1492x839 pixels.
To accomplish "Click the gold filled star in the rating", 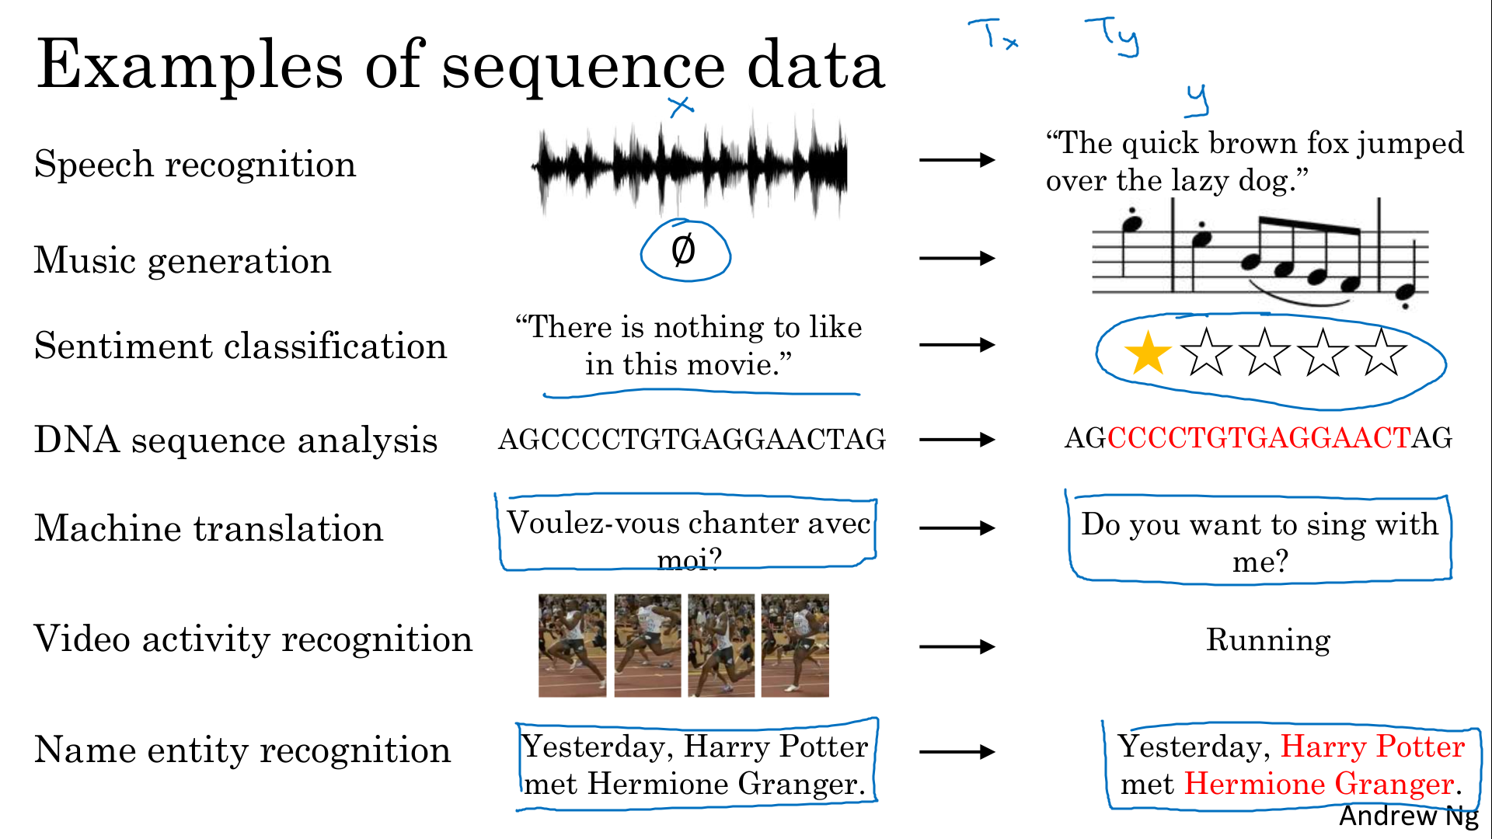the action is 1148,353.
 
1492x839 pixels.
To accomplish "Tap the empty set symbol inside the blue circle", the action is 683,250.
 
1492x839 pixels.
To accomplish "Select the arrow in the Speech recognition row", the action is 957,160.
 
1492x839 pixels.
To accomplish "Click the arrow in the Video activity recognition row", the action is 957,646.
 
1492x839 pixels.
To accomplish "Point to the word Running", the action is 1268,641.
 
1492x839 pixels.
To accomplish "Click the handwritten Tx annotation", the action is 993,35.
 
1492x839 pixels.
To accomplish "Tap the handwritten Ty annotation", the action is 1113,37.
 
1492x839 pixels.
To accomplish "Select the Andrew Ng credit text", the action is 1408,816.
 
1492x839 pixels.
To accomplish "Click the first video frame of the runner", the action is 572,646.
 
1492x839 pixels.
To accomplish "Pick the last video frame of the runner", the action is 795,646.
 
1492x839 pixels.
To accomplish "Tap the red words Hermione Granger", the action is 1319,784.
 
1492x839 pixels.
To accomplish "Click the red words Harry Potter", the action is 1372,747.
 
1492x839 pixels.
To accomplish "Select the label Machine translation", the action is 209,528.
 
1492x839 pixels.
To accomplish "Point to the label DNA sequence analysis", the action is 236,440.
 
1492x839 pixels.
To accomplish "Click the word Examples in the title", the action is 190,66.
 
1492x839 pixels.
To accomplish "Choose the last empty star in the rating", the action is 1382,353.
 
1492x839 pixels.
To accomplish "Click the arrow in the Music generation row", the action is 957,258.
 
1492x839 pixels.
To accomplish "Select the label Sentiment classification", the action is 241,346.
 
